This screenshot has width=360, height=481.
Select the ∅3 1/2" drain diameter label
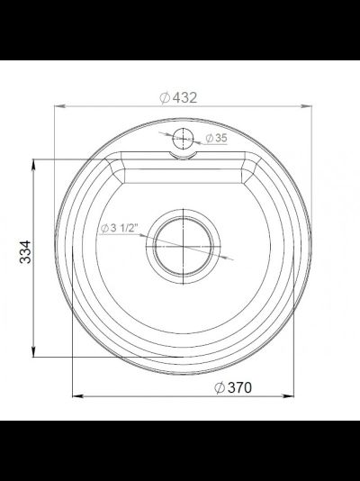[118, 229]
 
